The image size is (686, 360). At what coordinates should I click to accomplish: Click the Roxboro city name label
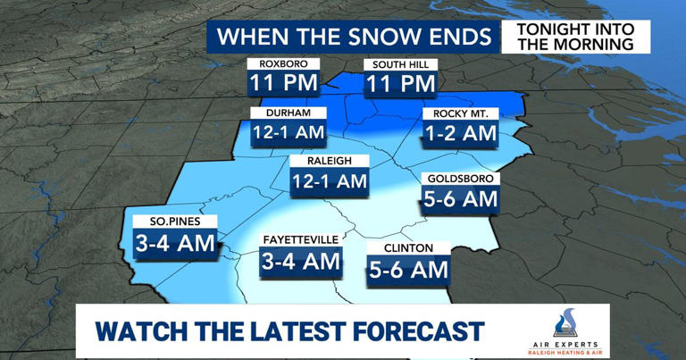(283, 64)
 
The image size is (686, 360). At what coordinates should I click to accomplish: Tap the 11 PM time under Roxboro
(283, 85)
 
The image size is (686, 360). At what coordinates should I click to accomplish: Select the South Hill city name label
(399, 64)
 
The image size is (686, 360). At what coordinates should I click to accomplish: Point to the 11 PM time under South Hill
(399, 85)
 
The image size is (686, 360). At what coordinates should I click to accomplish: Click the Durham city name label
(280, 113)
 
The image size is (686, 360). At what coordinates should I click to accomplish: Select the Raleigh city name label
(330, 161)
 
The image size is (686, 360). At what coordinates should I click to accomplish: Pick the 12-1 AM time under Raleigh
(330, 181)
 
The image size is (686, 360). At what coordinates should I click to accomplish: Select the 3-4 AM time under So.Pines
(174, 243)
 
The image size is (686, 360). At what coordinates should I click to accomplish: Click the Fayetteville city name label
(301, 240)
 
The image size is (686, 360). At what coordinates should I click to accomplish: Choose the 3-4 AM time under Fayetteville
(301, 262)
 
